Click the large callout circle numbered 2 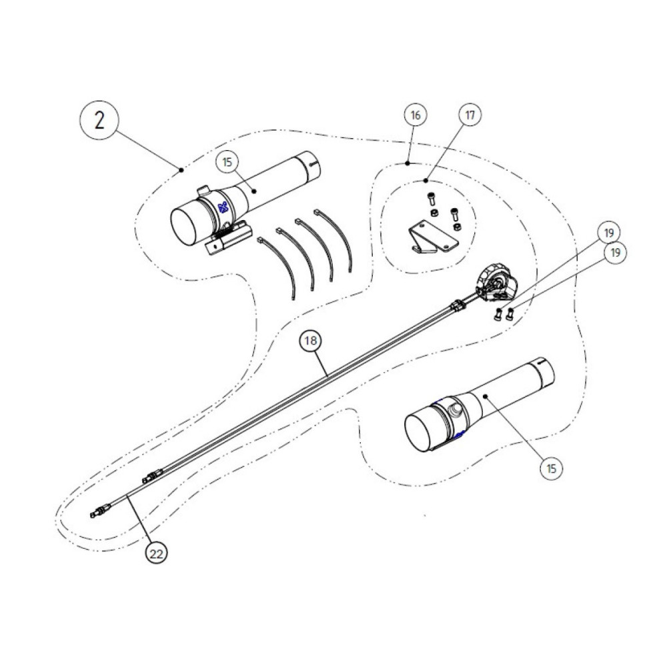[x=99, y=121]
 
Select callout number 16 [x=415, y=115]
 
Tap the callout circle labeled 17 [x=470, y=115]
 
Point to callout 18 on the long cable [x=311, y=340]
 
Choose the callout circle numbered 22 [x=156, y=554]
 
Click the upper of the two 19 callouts [x=609, y=233]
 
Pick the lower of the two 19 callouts [x=615, y=253]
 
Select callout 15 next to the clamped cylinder [x=227, y=162]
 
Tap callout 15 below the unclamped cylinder [x=552, y=469]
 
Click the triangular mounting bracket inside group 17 [x=433, y=239]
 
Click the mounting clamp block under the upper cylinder [x=227, y=238]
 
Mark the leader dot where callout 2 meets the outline [x=181, y=169]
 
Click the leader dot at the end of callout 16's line [x=408, y=163]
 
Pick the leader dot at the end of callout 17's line [x=426, y=181]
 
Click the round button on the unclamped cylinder [x=456, y=410]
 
